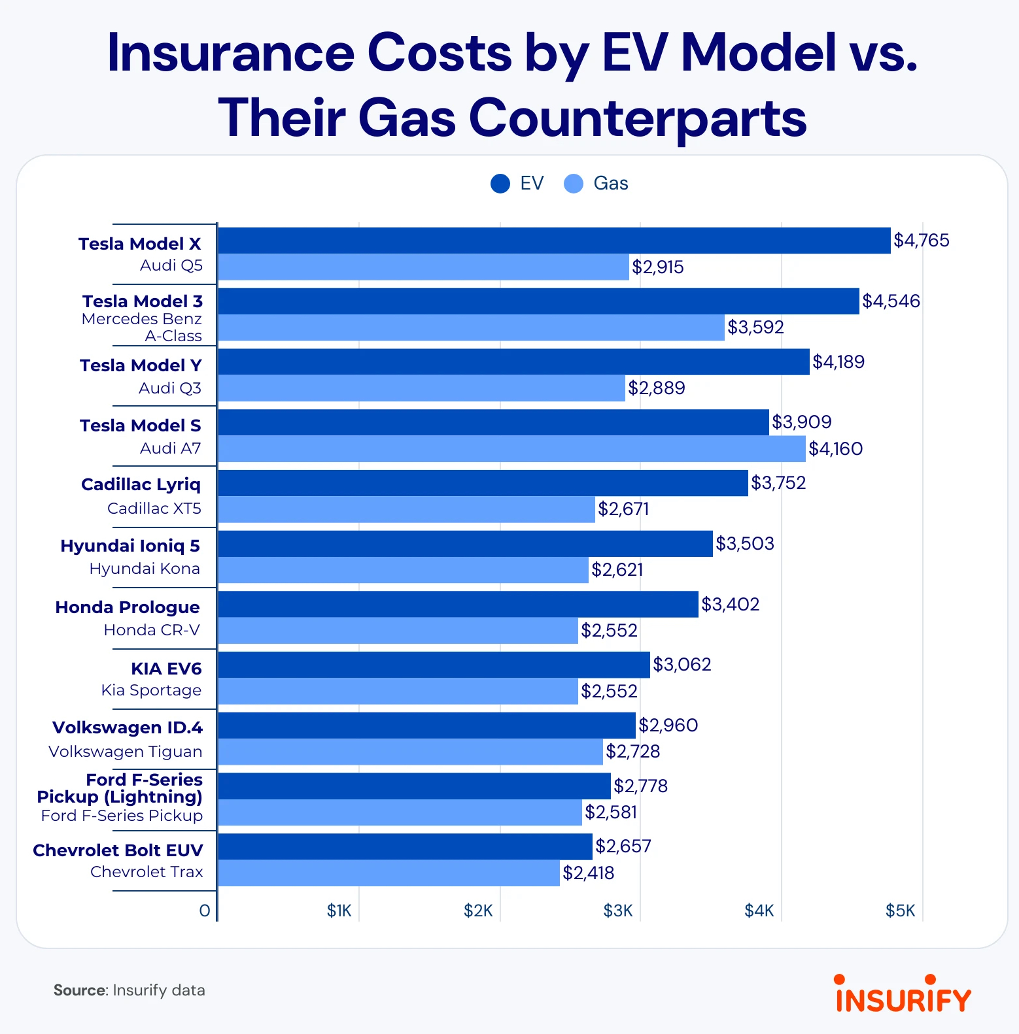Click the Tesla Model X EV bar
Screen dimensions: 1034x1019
click(554, 241)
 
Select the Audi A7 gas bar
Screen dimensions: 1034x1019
click(511, 449)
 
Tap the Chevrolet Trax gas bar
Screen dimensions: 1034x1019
click(389, 873)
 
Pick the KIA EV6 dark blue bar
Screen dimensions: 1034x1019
click(434, 665)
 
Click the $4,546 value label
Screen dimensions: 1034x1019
click(891, 301)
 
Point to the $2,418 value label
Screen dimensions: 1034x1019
click(588, 873)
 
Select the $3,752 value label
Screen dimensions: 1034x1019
click(778, 483)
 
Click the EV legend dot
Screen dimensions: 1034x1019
click(500, 184)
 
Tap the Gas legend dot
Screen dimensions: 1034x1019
click(574, 184)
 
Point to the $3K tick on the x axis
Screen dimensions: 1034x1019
click(618, 910)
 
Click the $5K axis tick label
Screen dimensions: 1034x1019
click(900, 910)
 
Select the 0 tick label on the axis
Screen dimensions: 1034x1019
click(205, 910)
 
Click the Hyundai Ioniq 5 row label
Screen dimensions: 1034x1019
click(130, 546)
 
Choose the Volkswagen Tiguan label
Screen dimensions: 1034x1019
click(126, 752)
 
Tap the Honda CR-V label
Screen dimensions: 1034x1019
click(152, 630)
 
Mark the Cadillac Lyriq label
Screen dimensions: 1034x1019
click(141, 484)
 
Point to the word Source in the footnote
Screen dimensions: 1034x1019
click(80, 990)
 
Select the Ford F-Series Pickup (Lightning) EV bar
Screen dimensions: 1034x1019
click(414, 786)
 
